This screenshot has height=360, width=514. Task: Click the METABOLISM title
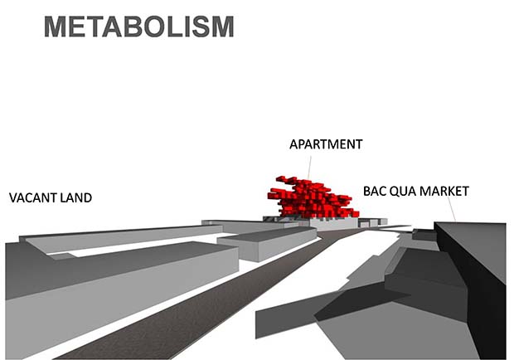click(x=139, y=27)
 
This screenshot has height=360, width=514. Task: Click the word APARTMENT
click(x=326, y=144)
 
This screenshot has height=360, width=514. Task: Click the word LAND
click(x=75, y=197)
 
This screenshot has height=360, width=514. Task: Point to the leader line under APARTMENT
click(x=309, y=168)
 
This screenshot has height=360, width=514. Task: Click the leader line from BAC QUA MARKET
click(x=451, y=208)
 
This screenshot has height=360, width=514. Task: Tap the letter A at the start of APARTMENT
click(x=293, y=144)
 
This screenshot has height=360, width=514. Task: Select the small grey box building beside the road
click(x=267, y=243)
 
